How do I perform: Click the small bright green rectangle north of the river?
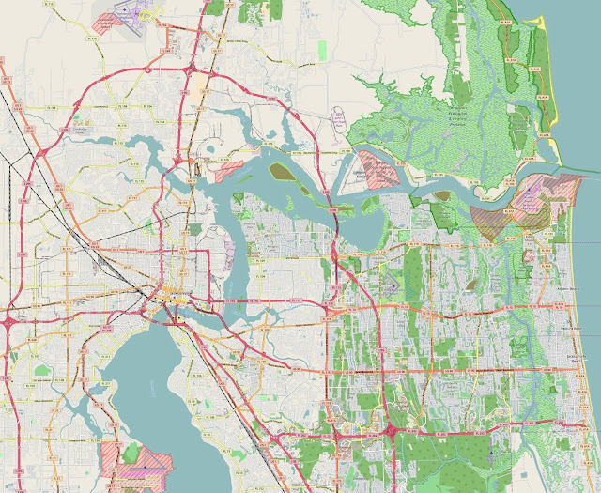[x=322, y=48]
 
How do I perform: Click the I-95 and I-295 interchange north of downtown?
[x=192, y=70]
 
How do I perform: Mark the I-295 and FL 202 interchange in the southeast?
[x=389, y=430]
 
